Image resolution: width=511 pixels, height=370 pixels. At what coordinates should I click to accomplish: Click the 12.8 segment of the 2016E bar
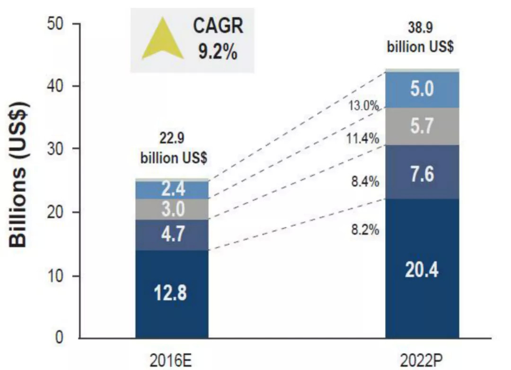click(171, 293)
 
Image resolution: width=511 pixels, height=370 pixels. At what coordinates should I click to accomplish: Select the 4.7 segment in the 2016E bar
click(171, 234)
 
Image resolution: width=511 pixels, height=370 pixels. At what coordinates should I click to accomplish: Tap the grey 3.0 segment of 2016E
click(171, 209)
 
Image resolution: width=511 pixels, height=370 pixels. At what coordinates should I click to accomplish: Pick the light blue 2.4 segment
click(171, 189)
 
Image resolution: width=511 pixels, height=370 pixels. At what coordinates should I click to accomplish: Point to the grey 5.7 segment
click(422, 127)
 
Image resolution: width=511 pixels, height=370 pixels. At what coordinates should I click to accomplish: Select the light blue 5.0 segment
click(422, 90)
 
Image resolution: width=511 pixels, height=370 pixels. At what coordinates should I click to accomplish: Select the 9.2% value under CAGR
click(218, 51)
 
